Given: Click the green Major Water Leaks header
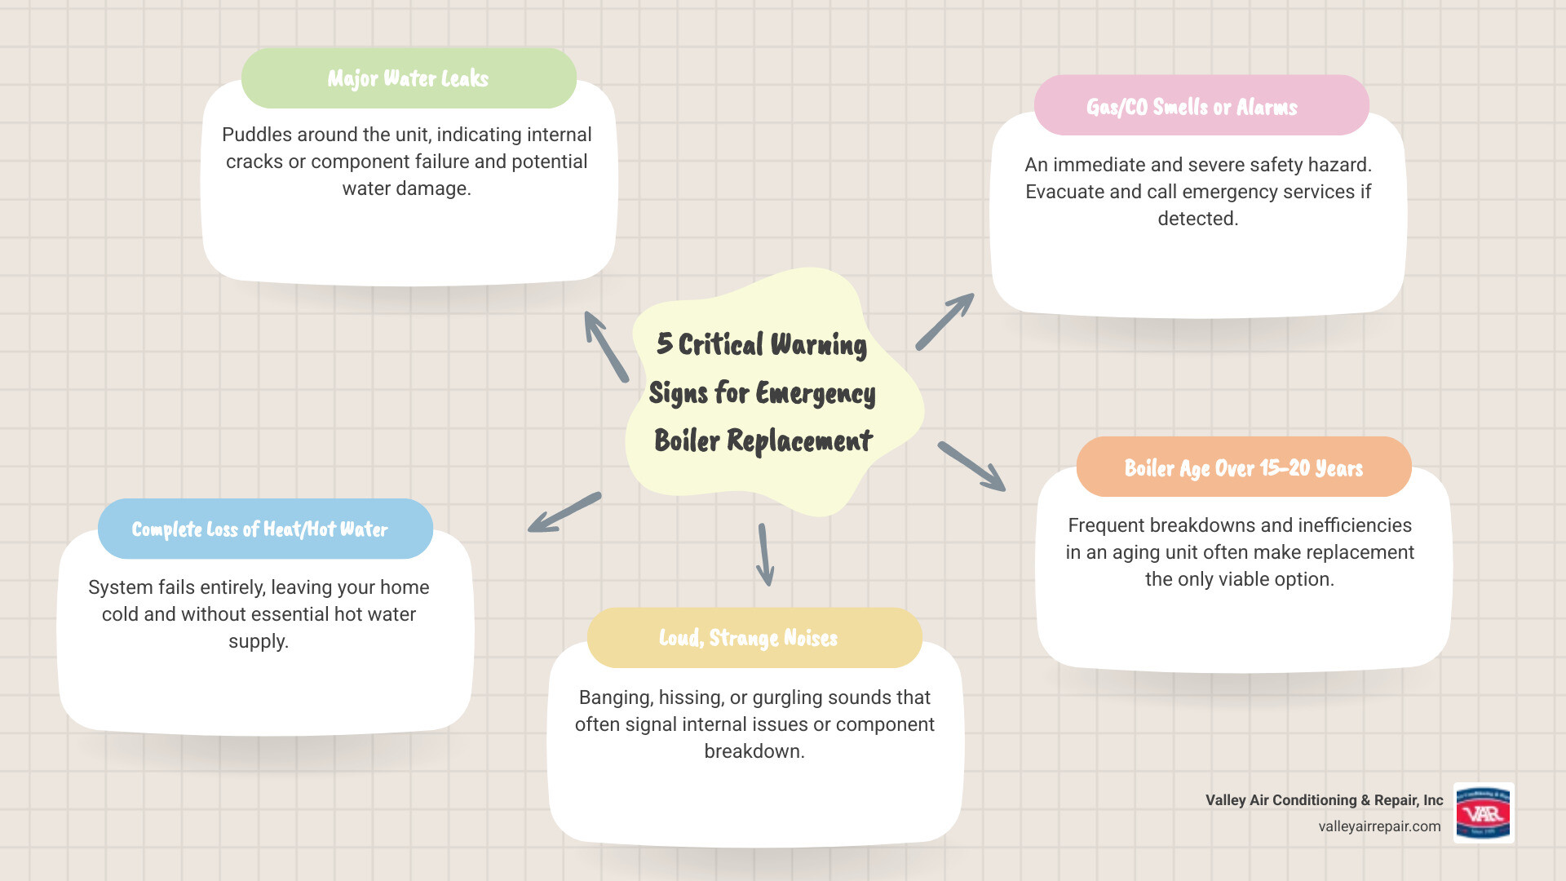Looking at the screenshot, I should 409,78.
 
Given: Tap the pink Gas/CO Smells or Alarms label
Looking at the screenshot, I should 1192,107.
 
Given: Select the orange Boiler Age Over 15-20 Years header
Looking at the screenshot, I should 1243,467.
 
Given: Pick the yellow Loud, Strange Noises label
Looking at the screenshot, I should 749,637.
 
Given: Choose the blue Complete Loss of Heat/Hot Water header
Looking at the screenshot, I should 260,529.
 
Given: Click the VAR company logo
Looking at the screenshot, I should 1483,813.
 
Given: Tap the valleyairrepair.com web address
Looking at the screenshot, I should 1379,826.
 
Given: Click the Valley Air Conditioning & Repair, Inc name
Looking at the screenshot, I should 1324,800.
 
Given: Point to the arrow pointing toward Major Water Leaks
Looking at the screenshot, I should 605,346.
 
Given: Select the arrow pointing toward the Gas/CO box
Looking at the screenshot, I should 944,322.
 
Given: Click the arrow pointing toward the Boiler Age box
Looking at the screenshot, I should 971,467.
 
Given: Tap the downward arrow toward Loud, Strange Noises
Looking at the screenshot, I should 764,555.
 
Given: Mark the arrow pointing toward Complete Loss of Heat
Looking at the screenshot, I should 564,512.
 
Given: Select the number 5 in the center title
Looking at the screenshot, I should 664,343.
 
